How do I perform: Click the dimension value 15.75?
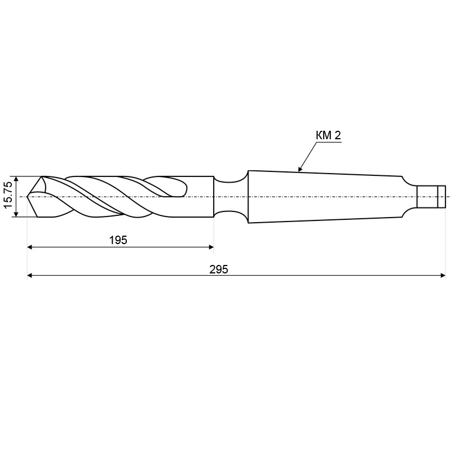click(x=8, y=195)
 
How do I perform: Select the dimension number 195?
click(x=118, y=240)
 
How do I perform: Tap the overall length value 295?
click(x=219, y=269)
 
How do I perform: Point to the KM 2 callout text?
click(x=328, y=135)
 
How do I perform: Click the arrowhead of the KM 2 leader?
click(x=300, y=169)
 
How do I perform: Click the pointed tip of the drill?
click(x=27, y=197)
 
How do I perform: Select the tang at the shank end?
click(x=431, y=197)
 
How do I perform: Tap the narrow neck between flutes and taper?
click(x=230, y=197)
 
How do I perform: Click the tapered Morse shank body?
click(x=325, y=197)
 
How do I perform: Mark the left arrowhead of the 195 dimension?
click(x=30, y=247)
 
